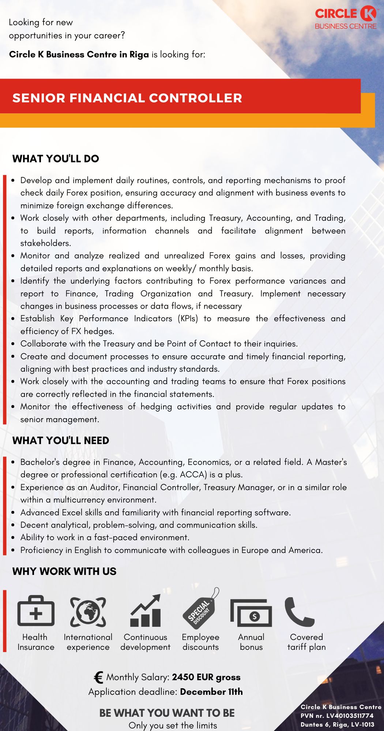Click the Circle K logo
[x=346, y=18]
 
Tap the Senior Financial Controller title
[x=127, y=98]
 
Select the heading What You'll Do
[x=56, y=159]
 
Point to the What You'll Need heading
[x=61, y=440]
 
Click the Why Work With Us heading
[x=64, y=571]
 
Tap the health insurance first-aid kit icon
[x=36, y=611]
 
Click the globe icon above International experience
[x=88, y=611]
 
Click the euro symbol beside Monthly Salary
[x=98, y=677]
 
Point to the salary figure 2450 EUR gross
[x=206, y=677]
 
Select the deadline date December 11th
[x=211, y=692]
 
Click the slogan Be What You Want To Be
[x=167, y=713]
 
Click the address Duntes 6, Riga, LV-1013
[x=337, y=724]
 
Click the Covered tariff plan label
[x=306, y=642]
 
